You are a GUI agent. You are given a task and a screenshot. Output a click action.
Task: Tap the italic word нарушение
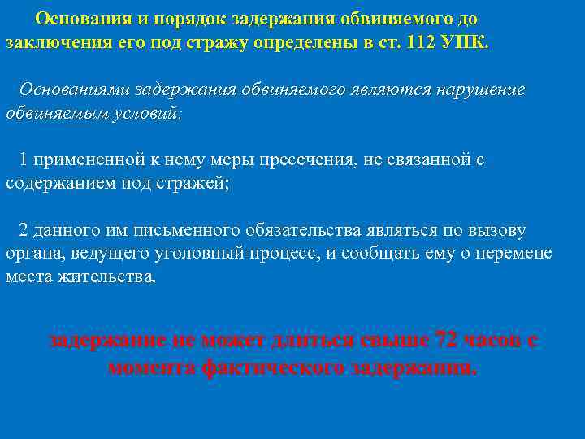pos(477,89)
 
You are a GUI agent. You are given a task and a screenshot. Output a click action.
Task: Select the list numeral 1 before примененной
pos(24,159)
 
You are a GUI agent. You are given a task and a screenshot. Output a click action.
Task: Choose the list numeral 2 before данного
pos(24,229)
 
